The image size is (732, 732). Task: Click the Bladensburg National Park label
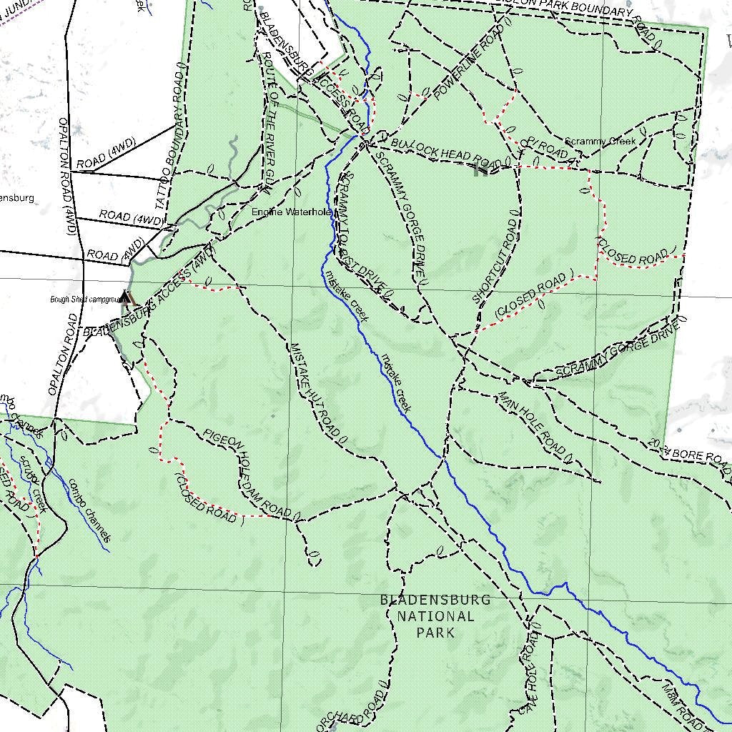tap(435, 615)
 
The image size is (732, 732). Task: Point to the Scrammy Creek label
tap(600, 142)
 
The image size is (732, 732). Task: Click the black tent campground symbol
tap(127, 297)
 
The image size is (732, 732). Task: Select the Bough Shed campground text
tap(83, 300)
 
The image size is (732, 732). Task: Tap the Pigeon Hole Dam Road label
tap(247, 473)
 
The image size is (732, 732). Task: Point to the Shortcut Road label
tap(495, 261)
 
